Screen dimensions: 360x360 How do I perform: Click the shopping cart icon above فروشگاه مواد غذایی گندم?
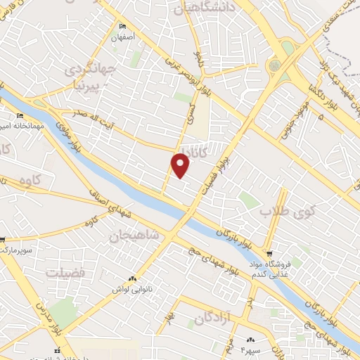pyautogui.click(x=269, y=254)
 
